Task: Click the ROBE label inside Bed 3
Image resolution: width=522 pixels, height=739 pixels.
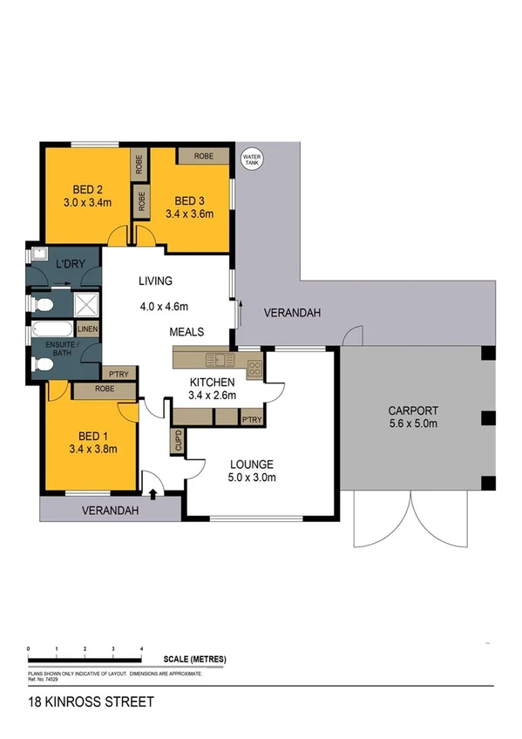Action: coord(204,155)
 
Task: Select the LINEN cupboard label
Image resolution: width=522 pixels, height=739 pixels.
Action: coord(87,329)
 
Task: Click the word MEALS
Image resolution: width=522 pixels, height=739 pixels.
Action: coord(186,332)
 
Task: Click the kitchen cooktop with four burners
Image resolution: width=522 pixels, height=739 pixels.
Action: coord(254,368)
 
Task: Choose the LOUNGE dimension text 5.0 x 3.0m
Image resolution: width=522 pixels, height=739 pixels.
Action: coord(252,478)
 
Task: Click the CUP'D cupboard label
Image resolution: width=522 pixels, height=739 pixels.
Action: coord(178,441)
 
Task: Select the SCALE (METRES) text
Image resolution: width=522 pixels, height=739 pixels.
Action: coord(194,661)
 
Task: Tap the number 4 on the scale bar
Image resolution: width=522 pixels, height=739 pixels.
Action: coord(142,649)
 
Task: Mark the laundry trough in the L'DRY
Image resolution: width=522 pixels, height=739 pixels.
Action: coord(37,254)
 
